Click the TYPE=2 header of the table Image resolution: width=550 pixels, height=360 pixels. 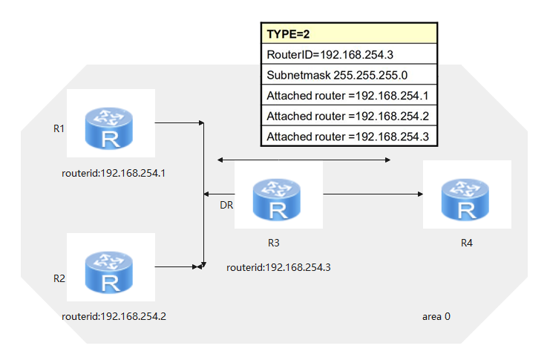tap(348, 34)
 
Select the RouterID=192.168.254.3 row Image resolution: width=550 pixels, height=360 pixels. tap(348, 55)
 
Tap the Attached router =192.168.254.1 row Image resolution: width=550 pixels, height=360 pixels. tap(348, 96)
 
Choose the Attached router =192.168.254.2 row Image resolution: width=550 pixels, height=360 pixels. tap(348, 116)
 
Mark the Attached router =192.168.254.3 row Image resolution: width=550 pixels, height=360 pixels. tap(348, 137)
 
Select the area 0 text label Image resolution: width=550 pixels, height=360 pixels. tap(436, 316)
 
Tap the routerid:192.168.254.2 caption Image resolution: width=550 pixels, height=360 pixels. tap(114, 316)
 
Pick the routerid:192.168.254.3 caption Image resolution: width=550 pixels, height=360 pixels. tap(278, 266)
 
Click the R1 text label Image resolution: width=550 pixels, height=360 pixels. tap(59, 128)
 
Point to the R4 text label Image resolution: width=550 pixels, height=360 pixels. tap(465, 243)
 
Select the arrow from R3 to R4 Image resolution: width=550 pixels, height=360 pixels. tap(372, 194)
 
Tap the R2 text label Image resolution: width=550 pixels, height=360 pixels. tap(59, 278)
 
